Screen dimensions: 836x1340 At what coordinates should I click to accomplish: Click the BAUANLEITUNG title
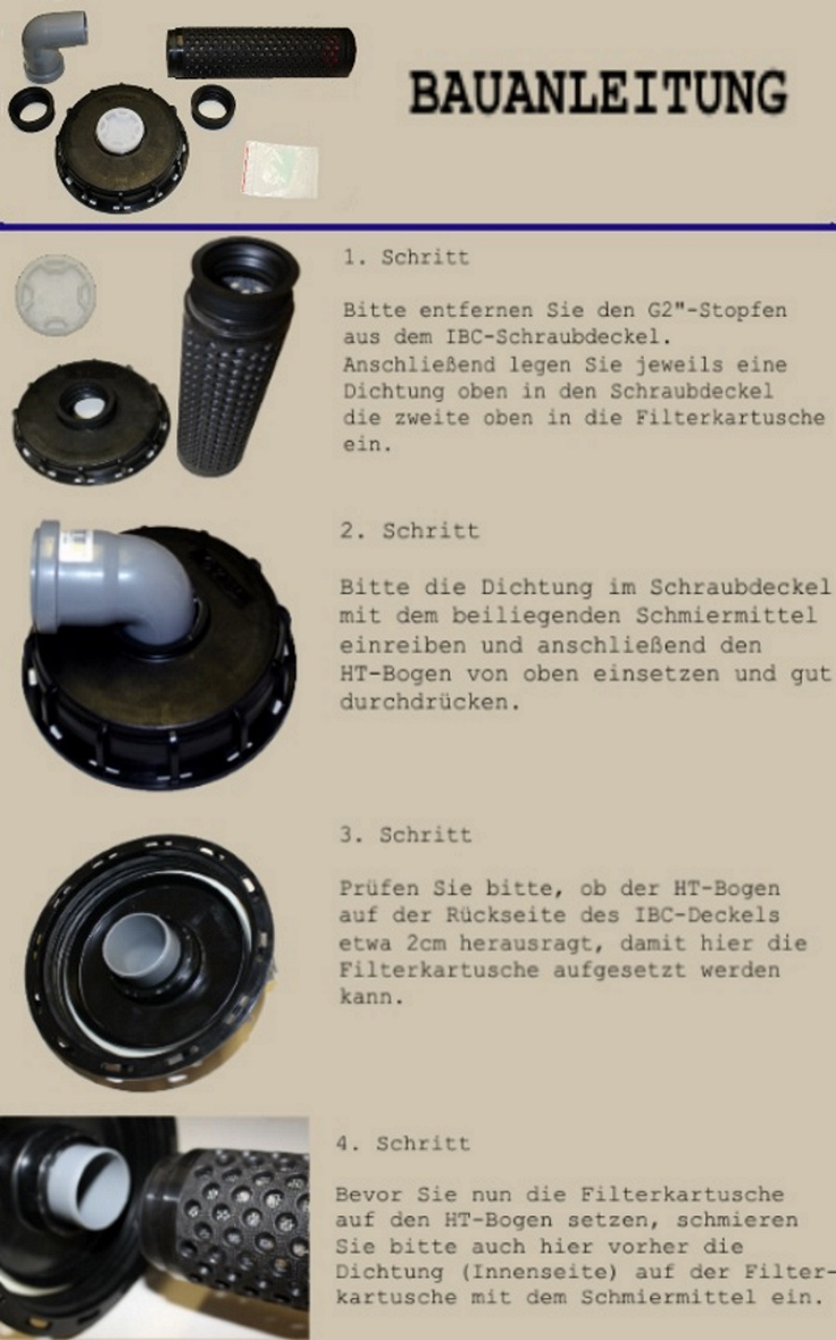click(x=598, y=93)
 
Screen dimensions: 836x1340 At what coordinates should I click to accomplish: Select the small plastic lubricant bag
click(x=281, y=169)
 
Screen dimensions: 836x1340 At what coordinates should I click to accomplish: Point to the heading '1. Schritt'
click(x=407, y=257)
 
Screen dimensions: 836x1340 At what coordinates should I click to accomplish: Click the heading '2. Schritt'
click(x=410, y=531)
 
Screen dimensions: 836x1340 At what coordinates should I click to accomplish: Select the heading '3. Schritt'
click(x=405, y=834)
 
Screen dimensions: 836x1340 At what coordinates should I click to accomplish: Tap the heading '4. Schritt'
click(x=403, y=1143)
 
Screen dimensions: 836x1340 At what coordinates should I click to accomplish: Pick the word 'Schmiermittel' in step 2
click(x=726, y=615)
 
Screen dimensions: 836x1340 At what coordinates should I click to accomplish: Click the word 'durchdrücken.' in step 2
click(x=430, y=702)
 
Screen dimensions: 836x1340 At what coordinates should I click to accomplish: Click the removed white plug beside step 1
click(x=55, y=293)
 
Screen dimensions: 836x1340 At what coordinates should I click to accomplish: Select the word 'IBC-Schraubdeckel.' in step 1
click(x=558, y=336)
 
